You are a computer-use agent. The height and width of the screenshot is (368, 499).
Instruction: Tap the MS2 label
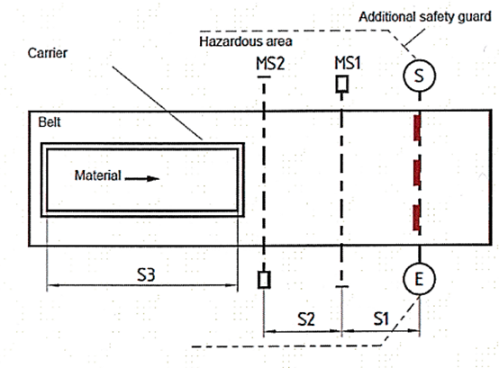click(270, 64)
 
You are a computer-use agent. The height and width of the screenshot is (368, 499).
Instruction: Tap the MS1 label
click(347, 63)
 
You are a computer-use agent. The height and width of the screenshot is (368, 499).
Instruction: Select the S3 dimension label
click(146, 274)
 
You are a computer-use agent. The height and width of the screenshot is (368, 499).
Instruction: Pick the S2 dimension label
click(306, 319)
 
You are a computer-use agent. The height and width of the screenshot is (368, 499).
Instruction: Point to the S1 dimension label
click(381, 319)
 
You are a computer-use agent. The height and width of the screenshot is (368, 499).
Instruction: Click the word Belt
click(50, 122)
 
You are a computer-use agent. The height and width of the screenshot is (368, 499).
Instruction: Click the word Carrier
click(48, 53)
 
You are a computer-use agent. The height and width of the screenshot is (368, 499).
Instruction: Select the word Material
click(97, 175)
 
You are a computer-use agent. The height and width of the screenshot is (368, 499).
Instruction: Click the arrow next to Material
click(142, 178)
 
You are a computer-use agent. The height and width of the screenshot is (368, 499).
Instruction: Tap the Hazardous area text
click(246, 41)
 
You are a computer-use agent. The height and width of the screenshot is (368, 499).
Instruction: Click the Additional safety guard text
click(425, 17)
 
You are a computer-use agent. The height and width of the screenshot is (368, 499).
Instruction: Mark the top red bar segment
click(417, 128)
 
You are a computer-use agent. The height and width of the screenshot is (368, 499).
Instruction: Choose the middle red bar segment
click(417, 173)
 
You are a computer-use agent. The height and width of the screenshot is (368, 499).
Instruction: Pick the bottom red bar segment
click(417, 218)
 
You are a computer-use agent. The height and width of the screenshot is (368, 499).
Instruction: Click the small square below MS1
click(342, 85)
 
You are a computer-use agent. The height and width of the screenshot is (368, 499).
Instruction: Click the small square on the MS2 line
click(264, 280)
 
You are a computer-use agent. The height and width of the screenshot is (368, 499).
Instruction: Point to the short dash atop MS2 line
click(264, 76)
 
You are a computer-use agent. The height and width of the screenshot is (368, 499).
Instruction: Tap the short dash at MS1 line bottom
click(341, 287)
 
